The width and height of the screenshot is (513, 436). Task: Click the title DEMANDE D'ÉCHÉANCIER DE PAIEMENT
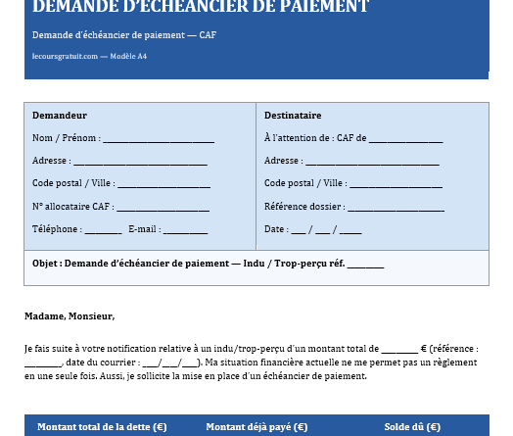[x=201, y=8]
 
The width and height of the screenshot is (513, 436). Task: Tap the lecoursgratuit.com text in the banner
[x=65, y=56]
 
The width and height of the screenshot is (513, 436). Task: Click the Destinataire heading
[x=293, y=116]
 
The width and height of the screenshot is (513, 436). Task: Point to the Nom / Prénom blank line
[x=158, y=139]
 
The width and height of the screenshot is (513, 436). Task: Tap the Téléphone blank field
[x=103, y=230]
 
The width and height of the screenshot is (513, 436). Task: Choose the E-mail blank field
[x=185, y=230]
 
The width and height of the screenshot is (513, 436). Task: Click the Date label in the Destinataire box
[x=274, y=229]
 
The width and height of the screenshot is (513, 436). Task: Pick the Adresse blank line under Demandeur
[x=140, y=162]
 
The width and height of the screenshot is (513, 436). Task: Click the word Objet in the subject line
[x=45, y=264]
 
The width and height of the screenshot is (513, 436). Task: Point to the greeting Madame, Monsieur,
[x=70, y=316]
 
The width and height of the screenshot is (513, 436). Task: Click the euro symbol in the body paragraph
[x=423, y=348]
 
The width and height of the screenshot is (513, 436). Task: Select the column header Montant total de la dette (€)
[x=102, y=427]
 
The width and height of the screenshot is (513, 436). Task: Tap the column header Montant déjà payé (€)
[x=256, y=427]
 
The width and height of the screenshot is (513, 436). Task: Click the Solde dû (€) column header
[x=412, y=427]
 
